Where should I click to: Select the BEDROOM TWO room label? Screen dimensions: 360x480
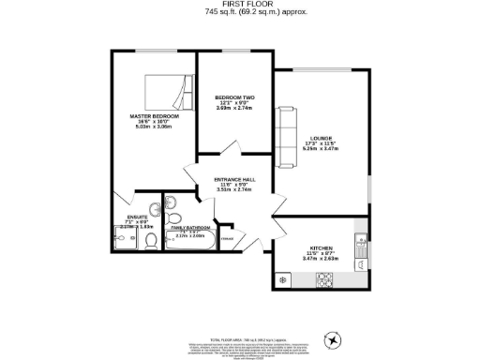pos(234,97)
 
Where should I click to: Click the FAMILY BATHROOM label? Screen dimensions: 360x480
pos(189,228)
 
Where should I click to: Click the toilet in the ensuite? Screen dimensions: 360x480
pos(151,243)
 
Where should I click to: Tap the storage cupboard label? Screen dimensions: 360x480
pos(227,240)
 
